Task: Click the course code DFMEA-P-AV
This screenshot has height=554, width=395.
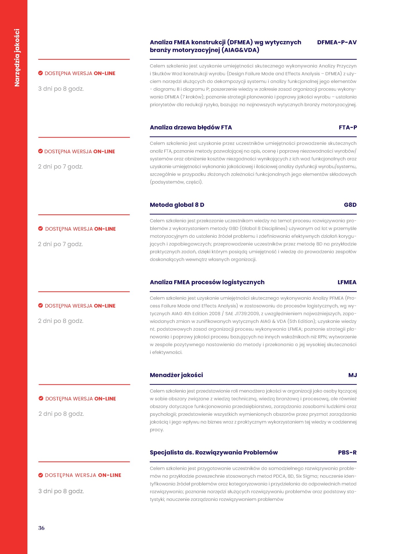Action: point(337,42)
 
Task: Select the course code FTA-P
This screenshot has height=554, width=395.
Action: point(348,128)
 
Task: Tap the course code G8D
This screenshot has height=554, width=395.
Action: point(350,205)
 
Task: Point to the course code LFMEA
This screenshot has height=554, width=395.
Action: point(347,282)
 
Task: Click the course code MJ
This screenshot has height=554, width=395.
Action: point(352,375)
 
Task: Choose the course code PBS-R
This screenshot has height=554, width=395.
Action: point(347,452)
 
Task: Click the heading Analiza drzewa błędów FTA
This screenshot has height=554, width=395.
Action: point(191,128)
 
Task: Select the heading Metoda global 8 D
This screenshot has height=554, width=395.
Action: point(177,205)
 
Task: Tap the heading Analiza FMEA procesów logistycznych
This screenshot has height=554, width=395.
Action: point(207,282)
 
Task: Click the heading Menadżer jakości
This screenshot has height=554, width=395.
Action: point(176,375)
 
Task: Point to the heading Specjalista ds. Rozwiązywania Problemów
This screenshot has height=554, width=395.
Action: point(214,452)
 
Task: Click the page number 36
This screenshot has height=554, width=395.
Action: point(41,528)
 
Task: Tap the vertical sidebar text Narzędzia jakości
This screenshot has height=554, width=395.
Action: point(17,58)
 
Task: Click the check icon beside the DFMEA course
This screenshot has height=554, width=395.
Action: point(41,73)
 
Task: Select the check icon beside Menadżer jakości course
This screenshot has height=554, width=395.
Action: point(41,398)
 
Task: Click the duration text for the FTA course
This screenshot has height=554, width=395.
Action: point(61,167)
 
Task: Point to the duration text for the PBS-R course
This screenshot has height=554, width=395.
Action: point(61,491)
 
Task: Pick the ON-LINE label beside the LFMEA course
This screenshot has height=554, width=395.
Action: point(104,306)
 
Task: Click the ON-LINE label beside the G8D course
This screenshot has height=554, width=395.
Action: point(105,229)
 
